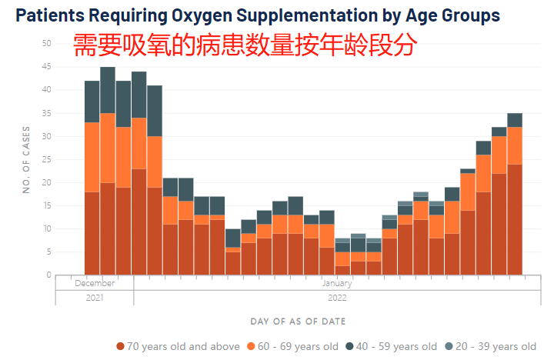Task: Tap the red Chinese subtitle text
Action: (245, 45)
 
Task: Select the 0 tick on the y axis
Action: (48, 275)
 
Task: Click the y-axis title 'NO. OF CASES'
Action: (26, 159)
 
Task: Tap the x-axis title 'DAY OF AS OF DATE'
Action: (298, 321)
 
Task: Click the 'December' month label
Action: (95, 282)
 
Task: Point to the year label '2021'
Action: (95, 296)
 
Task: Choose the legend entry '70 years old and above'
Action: (178, 346)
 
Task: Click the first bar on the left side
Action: (92, 178)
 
